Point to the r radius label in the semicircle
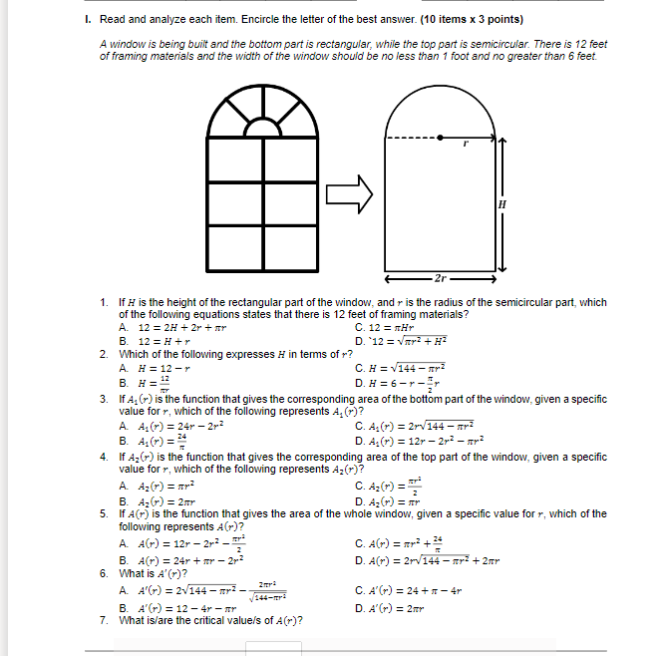click(x=465, y=146)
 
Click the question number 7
click(x=104, y=620)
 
